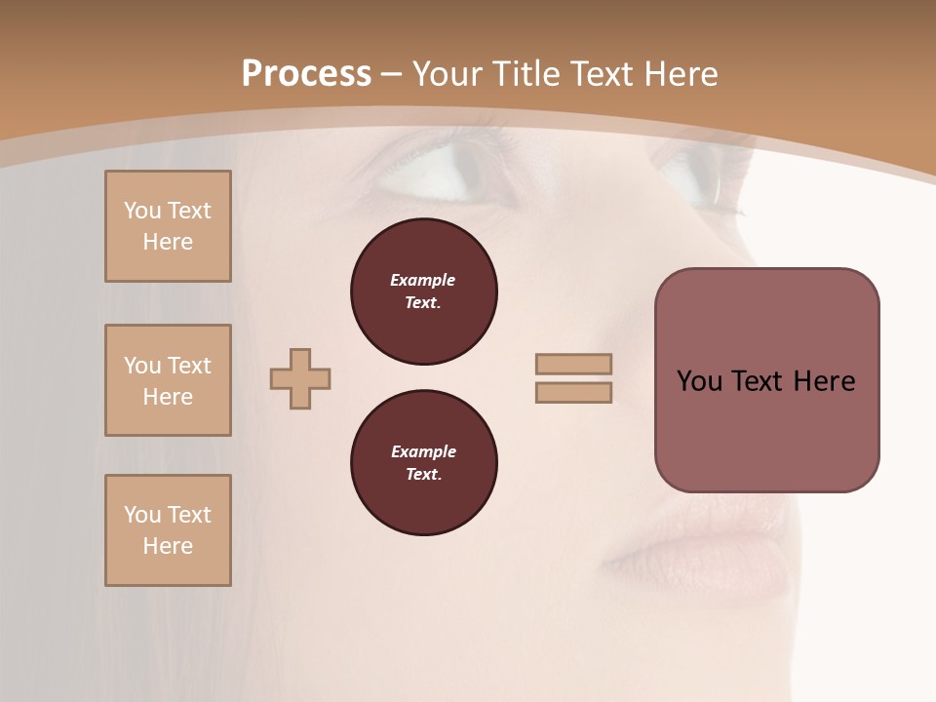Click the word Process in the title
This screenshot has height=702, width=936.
(306, 74)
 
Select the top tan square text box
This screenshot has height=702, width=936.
(168, 226)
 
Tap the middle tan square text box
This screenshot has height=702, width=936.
(168, 380)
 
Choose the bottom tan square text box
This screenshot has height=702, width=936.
(168, 530)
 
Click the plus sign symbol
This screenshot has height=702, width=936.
(300, 378)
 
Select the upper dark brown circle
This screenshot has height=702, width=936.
(423, 292)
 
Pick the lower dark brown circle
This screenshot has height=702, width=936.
(423, 463)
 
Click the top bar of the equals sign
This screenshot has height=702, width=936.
(574, 364)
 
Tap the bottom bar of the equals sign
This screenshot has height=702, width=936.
(574, 393)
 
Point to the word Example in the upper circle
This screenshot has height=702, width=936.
(422, 280)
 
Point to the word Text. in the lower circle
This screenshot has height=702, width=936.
(423, 475)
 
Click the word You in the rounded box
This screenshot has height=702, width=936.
(699, 381)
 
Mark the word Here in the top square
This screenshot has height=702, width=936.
(168, 242)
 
